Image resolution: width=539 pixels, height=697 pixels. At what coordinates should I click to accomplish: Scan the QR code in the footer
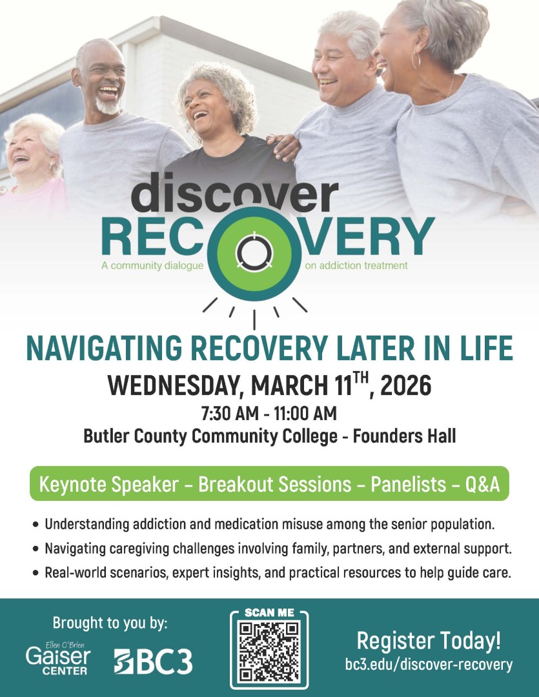tap(269, 652)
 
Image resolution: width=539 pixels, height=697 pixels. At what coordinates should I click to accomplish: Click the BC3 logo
tap(153, 662)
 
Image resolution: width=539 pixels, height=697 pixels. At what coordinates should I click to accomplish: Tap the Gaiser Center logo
tap(58, 658)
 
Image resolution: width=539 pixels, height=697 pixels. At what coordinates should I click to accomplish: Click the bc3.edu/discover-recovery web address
tap(429, 664)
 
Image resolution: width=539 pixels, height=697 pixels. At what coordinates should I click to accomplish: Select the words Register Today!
tap(429, 641)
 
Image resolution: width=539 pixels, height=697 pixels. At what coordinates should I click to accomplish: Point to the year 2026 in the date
tap(406, 385)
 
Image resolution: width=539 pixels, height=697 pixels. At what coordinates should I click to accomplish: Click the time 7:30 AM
tap(229, 414)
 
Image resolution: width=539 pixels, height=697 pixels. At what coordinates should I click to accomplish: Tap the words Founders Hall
tap(404, 436)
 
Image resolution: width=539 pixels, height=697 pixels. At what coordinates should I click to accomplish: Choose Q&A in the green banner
tap(483, 484)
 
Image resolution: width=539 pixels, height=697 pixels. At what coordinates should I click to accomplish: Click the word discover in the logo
tap(235, 192)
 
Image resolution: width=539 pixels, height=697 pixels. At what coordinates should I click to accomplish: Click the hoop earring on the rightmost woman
tap(416, 59)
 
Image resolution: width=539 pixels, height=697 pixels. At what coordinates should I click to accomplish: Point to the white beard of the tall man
tap(108, 105)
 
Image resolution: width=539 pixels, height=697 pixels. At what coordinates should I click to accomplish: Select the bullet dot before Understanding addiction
tap(36, 525)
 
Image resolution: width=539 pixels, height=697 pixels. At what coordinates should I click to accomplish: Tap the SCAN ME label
tap(270, 613)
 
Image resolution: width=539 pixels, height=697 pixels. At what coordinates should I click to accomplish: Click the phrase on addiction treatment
tap(356, 265)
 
